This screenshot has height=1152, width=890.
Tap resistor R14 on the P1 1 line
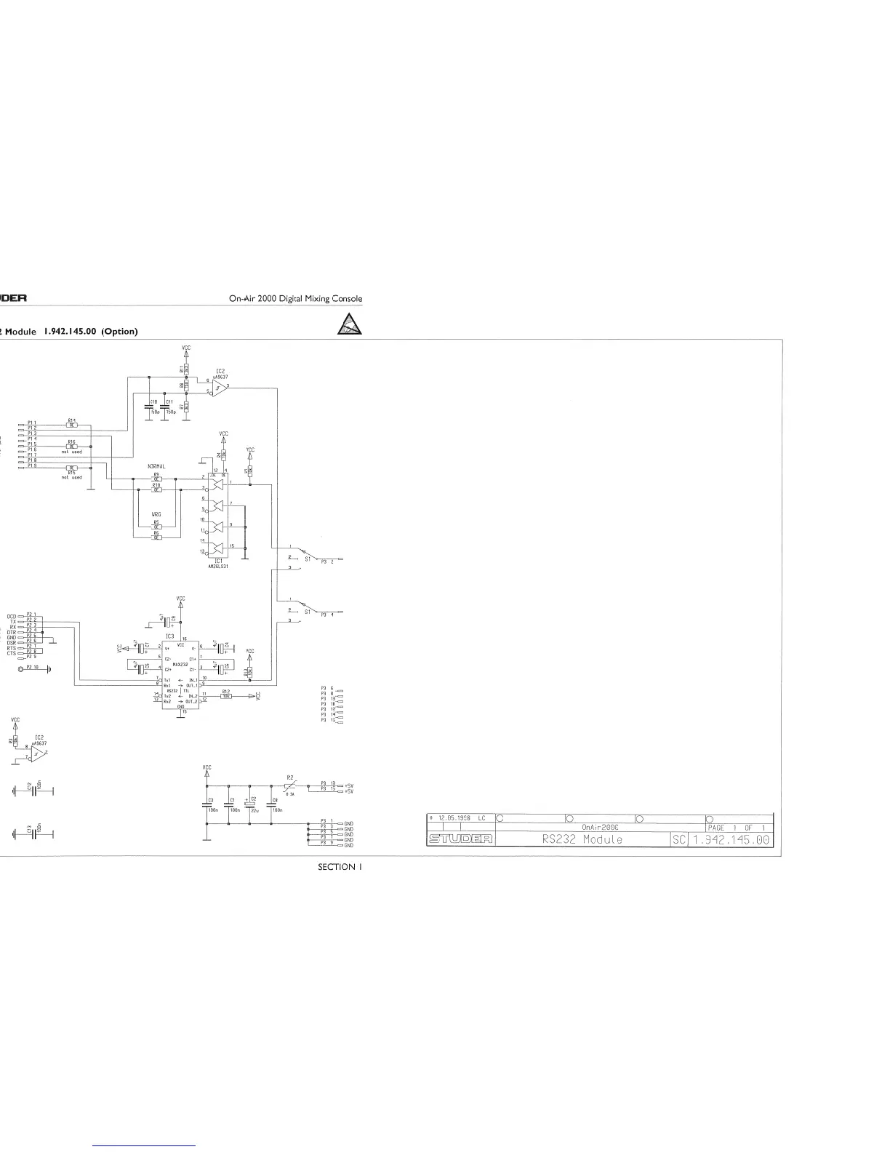point(72,425)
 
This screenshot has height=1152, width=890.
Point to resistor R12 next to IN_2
point(227,696)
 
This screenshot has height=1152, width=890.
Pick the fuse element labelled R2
point(289,786)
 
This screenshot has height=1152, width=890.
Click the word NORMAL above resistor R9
point(156,466)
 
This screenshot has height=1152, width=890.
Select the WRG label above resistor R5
point(156,514)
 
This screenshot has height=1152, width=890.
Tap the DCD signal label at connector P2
point(12,616)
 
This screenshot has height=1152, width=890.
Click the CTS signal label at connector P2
point(12,652)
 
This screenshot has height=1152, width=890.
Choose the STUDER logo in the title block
point(460,840)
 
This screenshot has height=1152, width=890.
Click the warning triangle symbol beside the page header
point(350,325)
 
